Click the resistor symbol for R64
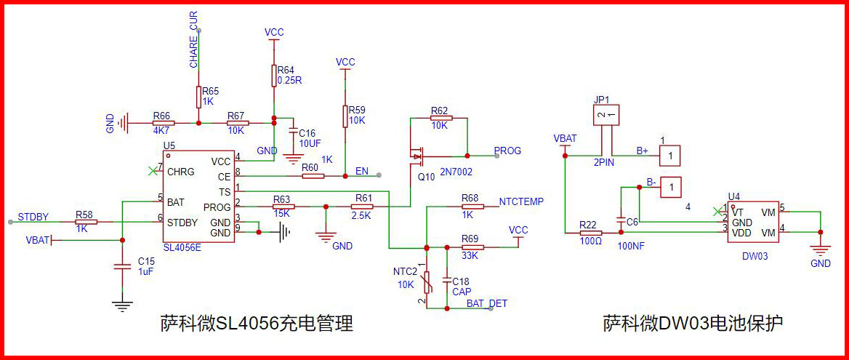(x=273, y=76)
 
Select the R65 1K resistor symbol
(x=198, y=97)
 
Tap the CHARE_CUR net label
(x=194, y=50)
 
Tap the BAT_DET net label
(x=487, y=303)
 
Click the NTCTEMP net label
(x=521, y=201)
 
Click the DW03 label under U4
(x=755, y=257)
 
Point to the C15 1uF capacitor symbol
(x=122, y=268)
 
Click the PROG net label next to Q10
(x=507, y=151)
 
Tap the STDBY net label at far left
(x=33, y=216)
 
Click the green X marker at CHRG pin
(x=152, y=171)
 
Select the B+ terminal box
(x=670, y=155)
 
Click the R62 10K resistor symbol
(x=440, y=118)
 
